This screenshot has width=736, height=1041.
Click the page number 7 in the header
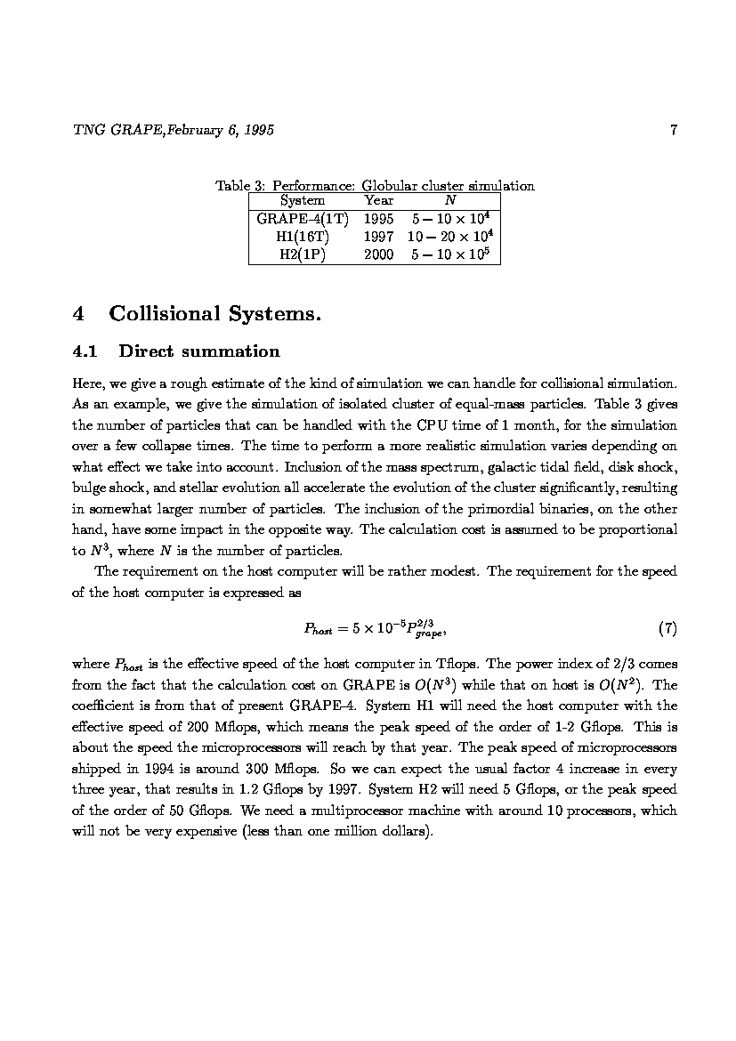[674, 131]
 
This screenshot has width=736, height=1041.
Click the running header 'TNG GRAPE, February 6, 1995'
[173, 131]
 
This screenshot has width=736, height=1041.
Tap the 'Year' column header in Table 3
[379, 200]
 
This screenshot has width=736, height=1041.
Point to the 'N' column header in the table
[450, 200]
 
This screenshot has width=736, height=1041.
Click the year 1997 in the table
[379, 237]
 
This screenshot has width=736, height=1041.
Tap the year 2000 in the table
[379, 254]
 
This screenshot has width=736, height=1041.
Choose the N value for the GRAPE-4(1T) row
[452, 218]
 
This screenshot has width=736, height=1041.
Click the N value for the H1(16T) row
[450, 236]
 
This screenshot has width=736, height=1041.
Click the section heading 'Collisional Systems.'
[214, 313]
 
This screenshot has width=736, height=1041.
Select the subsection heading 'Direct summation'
[198, 351]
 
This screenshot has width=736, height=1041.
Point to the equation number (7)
[667, 629]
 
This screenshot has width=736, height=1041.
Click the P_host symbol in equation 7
[318, 630]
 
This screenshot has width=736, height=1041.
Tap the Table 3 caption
[375, 186]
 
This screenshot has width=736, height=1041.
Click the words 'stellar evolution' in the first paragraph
[256, 488]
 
